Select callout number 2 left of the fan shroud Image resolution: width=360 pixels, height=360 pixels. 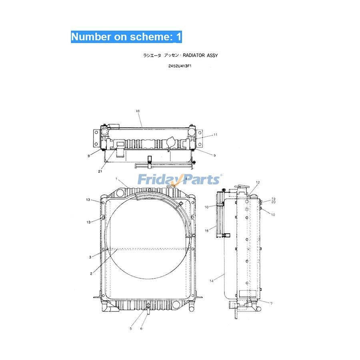(x=91, y=274)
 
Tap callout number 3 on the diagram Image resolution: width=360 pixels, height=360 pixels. (x=90, y=257)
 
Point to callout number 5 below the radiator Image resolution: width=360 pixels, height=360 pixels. (x=131, y=329)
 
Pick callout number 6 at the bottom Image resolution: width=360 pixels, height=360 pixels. (x=141, y=329)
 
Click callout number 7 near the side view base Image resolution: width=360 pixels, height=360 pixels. (x=271, y=304)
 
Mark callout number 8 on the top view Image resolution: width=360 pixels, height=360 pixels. (x=88, y=156)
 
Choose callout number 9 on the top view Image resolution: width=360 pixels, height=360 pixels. (x=214, y=155)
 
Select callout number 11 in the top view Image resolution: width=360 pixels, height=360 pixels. (x=215, y=135)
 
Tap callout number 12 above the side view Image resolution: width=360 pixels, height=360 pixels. (x=258, y=182)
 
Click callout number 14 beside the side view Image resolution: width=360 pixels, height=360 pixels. (x=212, y=281)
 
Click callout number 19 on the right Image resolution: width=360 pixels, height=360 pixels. (x=274, y=198)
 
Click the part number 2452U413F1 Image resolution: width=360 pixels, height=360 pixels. (x=180, y=66)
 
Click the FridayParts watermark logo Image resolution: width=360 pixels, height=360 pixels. (x=179, y=179)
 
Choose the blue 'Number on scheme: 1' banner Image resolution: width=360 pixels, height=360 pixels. (x=126, y=37)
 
